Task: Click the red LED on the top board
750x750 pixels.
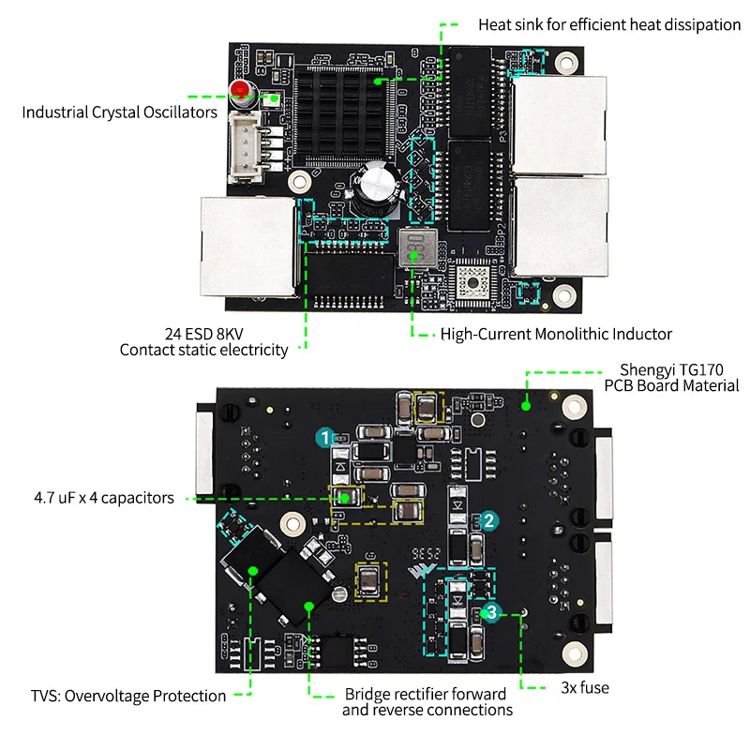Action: point(240,91)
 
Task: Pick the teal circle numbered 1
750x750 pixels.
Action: point(324,437)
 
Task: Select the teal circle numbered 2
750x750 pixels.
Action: point(488,521)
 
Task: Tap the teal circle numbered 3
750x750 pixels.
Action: point(491,612)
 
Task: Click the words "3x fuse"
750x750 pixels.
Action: point(584,688)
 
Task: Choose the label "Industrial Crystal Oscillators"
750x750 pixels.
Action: point(120,112)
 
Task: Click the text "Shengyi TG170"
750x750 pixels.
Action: point(670,369)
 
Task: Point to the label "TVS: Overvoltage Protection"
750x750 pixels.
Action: point(128,696)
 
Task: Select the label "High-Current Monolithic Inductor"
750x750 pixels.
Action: point(556,334)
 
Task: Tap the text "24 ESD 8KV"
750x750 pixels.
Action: point(204,333)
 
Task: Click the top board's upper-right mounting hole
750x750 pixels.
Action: point(564,62)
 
